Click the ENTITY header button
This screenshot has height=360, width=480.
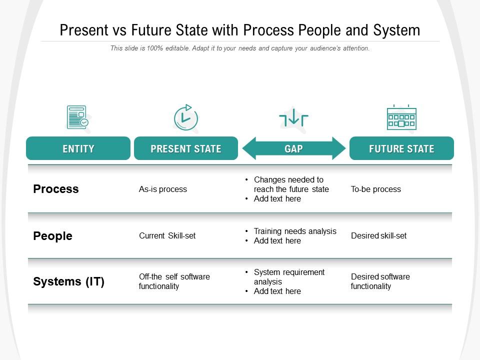tap(78, 148)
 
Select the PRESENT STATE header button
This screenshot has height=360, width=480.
tap(186, 148)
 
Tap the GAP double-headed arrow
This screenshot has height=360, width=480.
tap(293, 148)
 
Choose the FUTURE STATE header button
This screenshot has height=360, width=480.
tap(401, 148)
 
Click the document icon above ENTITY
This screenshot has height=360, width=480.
tap(77, 117)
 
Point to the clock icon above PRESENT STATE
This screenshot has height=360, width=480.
tap(186, 118)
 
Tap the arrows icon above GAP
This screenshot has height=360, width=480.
tap(293, 118)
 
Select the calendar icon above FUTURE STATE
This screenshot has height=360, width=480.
tap(401, 118)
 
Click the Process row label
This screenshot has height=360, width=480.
tap(56, 189)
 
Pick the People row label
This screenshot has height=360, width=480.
tap(52, 236)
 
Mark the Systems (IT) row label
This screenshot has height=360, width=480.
tap(68, 282)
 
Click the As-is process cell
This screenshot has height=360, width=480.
tap(163, 189)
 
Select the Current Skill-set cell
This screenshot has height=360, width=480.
tap(167, 235)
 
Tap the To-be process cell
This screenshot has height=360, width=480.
tap(376, 189)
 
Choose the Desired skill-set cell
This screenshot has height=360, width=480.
tap(379, 235)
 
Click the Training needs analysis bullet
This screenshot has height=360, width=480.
tap(295, 231)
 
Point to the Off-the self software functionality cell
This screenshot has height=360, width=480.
tap(174, 281)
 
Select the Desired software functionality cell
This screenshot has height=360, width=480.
tap(380, 281)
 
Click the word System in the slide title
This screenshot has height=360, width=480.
tap(396, 30)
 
